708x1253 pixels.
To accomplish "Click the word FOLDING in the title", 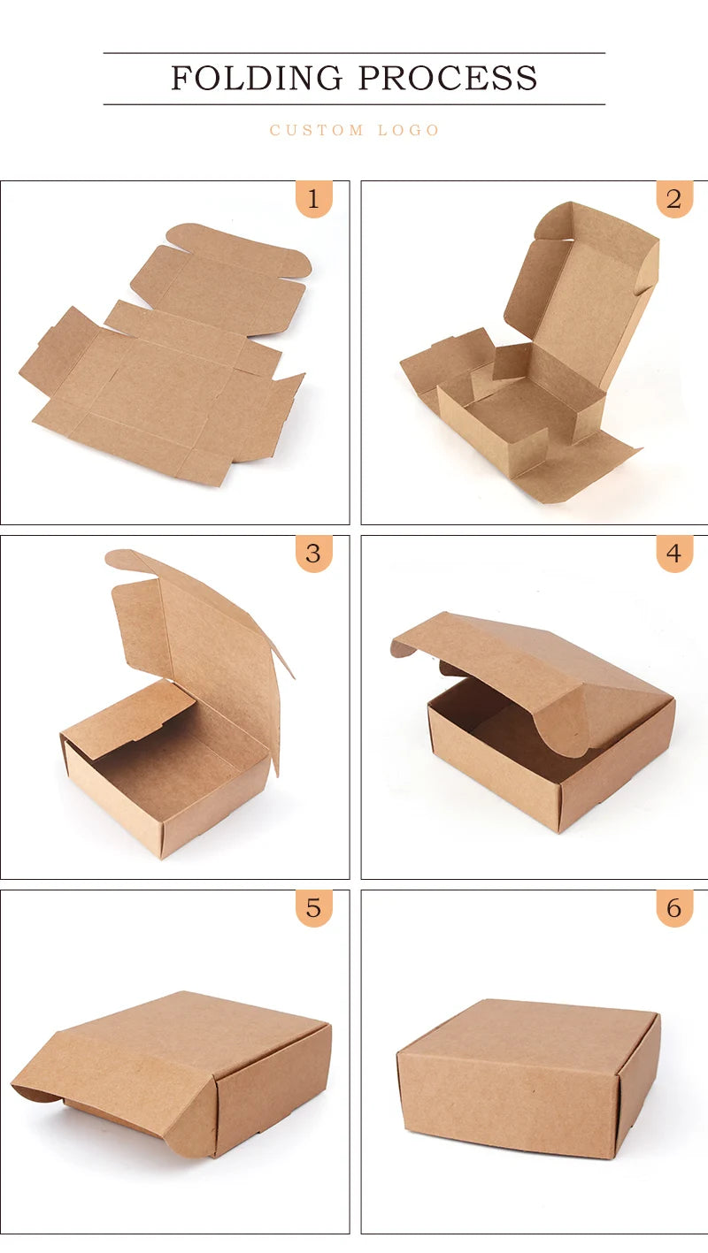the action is click(x=257, y=78).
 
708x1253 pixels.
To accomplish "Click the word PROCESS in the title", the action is click(x=448, y=78).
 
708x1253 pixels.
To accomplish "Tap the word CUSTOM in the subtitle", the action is click(x=317, y=130).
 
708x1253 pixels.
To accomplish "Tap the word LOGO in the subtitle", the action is click(x=409, y=130).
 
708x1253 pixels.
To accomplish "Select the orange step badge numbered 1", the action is click(x=314, y=199).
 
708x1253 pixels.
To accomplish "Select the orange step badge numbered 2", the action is click(x=674, y=199).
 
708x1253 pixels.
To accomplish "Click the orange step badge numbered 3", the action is click(x=314, y=554).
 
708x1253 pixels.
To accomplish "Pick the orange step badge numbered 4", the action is click(x=674, y=554).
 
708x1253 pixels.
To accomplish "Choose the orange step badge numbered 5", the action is click(x=314, y=908).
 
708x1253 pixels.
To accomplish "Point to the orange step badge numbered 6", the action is click(x=674, y=908).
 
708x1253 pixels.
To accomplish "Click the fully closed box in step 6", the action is click(x=529, y=1080).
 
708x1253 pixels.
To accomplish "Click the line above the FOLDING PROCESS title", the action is click(x=354, y=53).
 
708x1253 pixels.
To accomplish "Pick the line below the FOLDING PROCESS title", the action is click(x=354, y=104).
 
